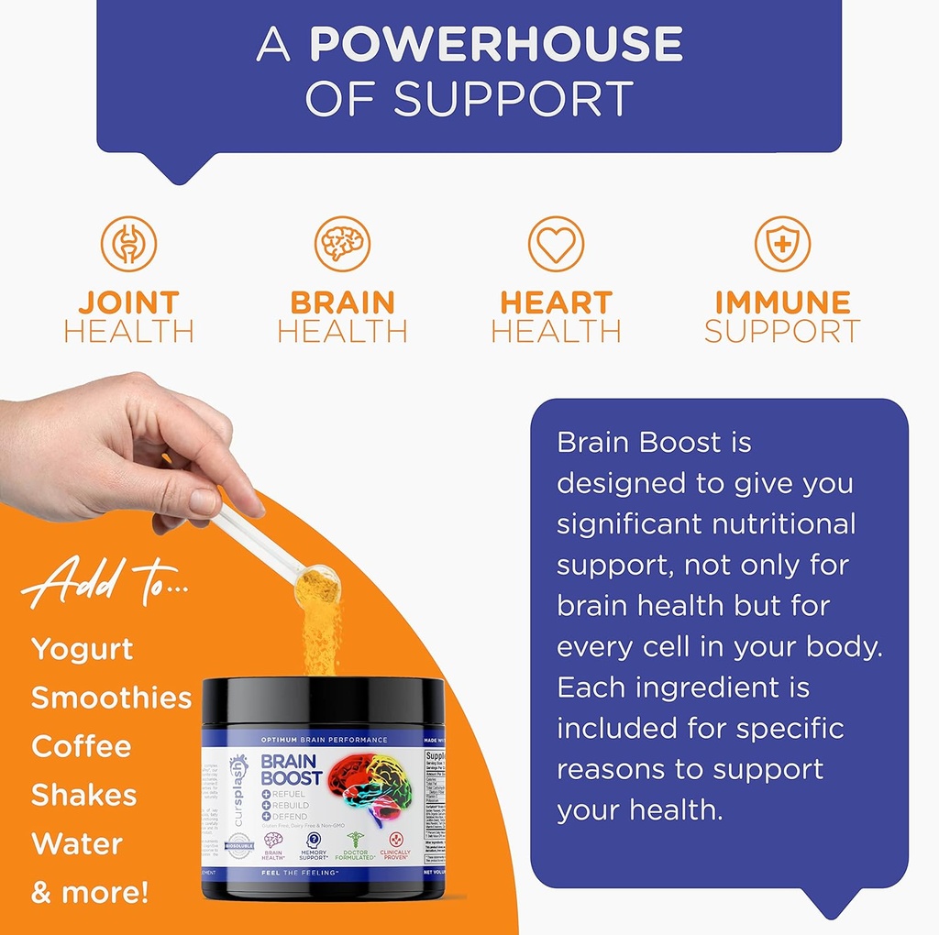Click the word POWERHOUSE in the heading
pos(496,45)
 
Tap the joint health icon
pos(128,244)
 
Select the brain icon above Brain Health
pos(342,244)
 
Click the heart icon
pos(556,244)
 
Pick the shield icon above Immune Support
pos(782,244)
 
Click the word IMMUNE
pos(782,302)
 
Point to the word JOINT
pos(128,302)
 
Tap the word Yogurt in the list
pos(83,650)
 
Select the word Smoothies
pos(111,698)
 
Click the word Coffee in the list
pos(81,746)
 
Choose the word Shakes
pos(83,795)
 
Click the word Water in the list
pos(77,843)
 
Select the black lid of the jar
pos(323,701)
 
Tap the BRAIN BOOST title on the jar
pos(292,770)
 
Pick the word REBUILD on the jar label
pos(288,805)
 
